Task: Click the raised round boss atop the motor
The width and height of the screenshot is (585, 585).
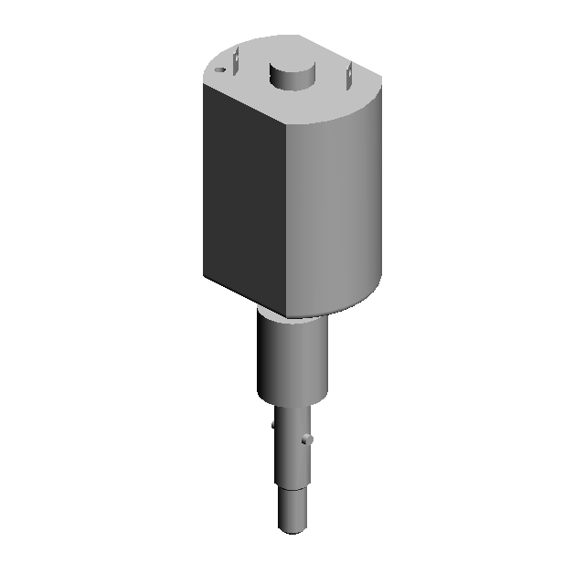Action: coord(293,76)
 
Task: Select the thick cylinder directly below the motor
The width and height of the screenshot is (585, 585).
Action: coord(291,361)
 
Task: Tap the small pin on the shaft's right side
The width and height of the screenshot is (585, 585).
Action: coord(310,440)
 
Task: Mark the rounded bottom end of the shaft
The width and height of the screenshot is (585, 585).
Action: coord(292,528)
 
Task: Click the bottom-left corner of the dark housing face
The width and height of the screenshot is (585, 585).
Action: coord(204,273)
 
